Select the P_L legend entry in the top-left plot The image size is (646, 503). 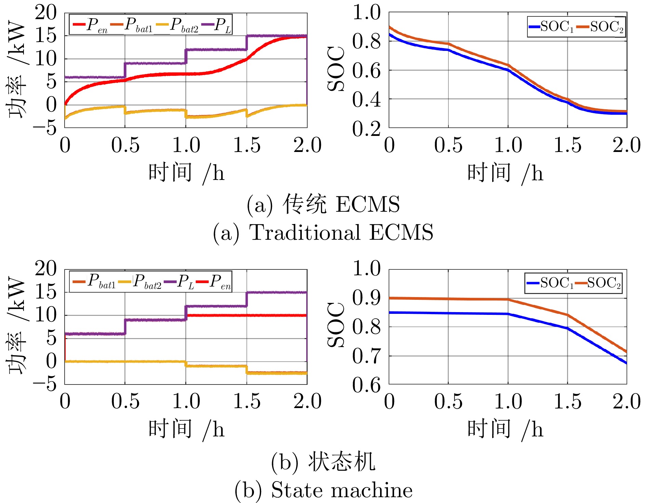(217, 25)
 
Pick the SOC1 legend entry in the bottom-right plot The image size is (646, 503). (550, 283)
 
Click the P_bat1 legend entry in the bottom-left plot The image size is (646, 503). (95, 281)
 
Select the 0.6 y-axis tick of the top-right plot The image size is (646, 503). (366, 70)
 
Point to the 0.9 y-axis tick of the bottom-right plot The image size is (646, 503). (366, 298)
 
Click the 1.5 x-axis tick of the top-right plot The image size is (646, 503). (567, 145)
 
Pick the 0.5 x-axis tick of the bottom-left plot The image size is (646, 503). (125, 401)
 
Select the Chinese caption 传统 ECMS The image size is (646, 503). (323, 204)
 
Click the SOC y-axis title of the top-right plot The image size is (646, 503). (336, 69)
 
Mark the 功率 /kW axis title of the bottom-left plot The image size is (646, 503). (17, 326)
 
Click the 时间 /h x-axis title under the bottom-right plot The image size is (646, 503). (505, 429)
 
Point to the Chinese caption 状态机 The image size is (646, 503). (323, 462)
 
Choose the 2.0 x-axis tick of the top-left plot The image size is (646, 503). (307, 145)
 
